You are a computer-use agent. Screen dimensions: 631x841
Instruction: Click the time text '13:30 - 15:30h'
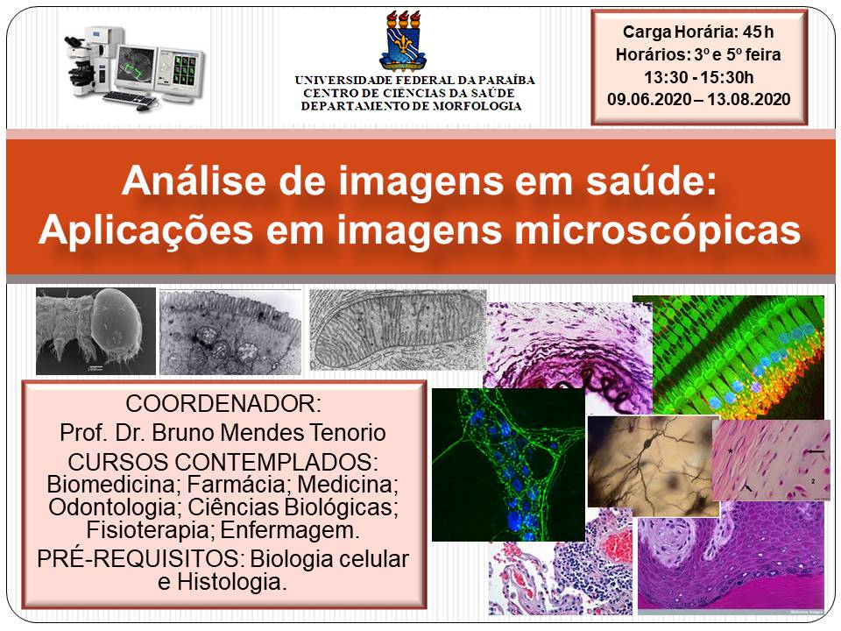[x=698, y=77]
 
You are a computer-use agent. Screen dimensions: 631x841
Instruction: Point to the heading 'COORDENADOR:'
[x=224, y=405]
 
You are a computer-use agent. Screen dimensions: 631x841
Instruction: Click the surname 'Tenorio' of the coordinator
[x=343, y=433]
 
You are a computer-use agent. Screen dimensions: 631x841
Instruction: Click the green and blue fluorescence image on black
[x=508, y=464]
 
